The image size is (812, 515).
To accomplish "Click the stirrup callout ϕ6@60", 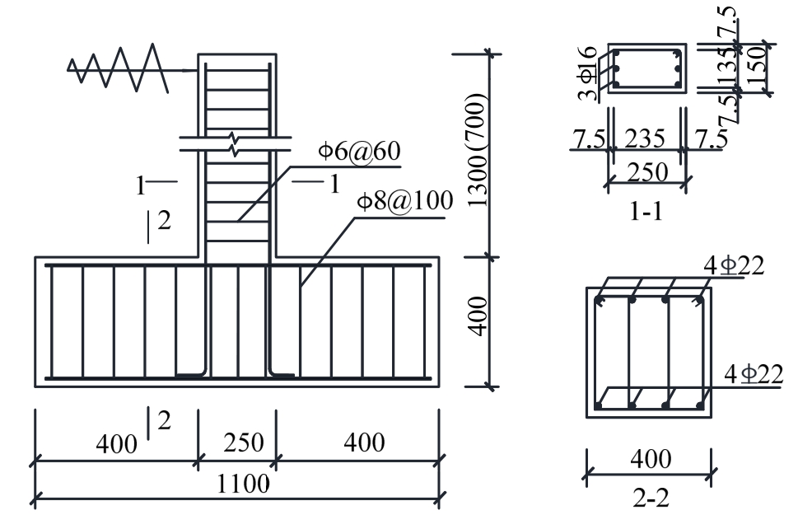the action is pos(359,152).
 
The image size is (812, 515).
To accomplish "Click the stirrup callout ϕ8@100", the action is pos(405,200).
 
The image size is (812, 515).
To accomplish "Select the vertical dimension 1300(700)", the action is pos(477,150).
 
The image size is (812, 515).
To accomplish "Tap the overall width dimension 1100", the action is pos(242,484).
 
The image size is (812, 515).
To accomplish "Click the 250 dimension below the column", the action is pos(244,443).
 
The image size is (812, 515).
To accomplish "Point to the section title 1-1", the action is pos(646,211).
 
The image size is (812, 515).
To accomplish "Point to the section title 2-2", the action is pos(651,498).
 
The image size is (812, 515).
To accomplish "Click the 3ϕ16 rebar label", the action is pos(587,73).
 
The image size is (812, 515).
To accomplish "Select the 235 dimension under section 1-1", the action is pos(645,138).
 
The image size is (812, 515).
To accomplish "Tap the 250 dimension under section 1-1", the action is pos(647,172).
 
